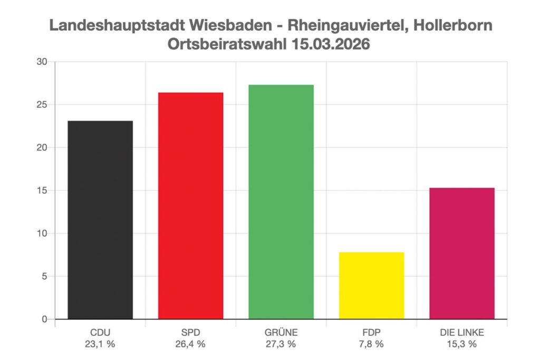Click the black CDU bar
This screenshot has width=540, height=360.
point(100,220)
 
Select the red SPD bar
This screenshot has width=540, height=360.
point(190,206)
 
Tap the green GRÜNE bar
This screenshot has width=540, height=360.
point(281,202)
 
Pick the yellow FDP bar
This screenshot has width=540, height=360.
point(371,286)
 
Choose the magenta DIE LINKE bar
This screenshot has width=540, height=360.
point(462,253)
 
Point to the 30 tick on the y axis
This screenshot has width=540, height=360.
point(42,62)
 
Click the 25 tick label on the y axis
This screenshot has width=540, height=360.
point(42,104)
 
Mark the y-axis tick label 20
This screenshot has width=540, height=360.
point(42,148)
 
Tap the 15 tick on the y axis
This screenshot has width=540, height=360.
point(42,190)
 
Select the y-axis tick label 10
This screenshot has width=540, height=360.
point(42,233)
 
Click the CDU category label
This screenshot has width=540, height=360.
point(100,333)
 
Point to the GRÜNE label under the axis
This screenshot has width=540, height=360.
point(281,333)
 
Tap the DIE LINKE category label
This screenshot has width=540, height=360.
point(462,333)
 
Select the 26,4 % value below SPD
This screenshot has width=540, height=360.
point(190,344)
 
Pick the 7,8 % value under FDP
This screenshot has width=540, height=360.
point(371,344)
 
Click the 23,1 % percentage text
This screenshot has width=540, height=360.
point(100,344)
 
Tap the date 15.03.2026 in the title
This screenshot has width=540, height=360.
point(330,44)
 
